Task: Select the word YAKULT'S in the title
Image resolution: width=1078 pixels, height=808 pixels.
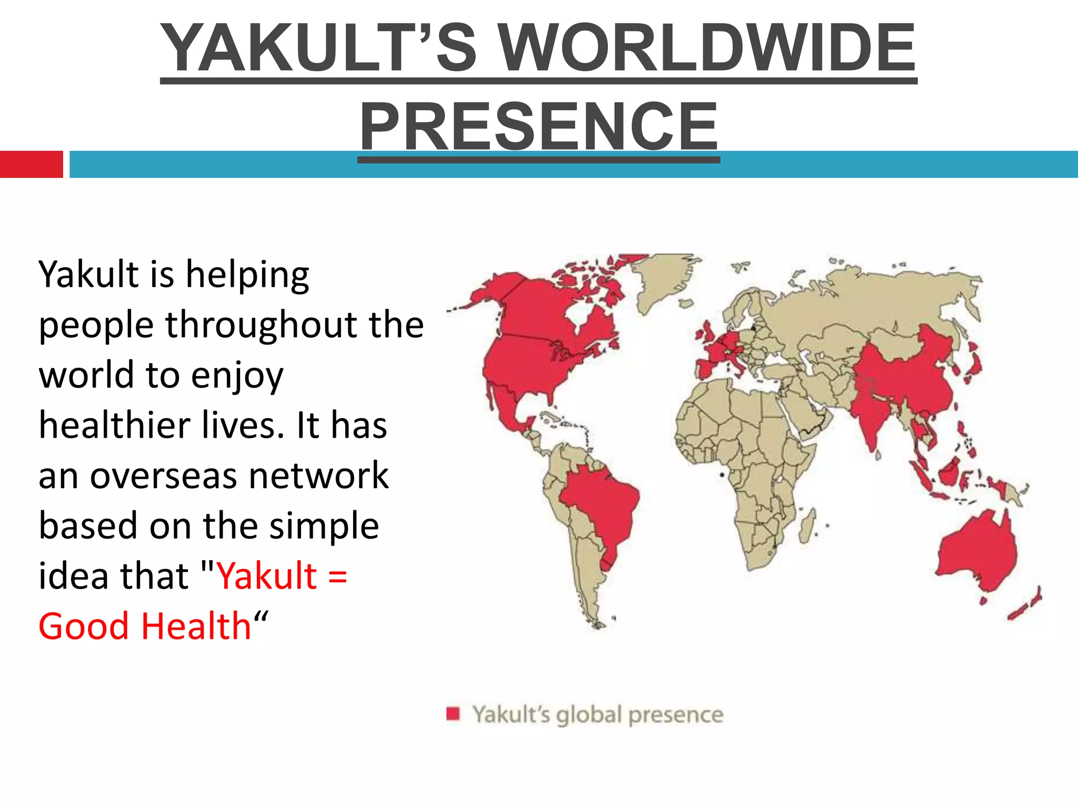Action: [x=318, y=48]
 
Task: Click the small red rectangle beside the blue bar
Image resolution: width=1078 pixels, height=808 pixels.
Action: [x=31, y=164]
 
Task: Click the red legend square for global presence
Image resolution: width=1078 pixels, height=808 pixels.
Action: [x=453, y=714]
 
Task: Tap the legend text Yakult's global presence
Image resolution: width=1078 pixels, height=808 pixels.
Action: [x=597, y=714]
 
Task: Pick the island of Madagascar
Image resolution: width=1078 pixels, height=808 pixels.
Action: [x=806, y=526]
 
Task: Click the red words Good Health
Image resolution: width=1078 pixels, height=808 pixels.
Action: [x=145, y=626]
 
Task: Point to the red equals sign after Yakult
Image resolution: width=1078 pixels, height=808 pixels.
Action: [x=337, y=576]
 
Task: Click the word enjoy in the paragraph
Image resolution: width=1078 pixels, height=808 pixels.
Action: [x=237, y=376]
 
